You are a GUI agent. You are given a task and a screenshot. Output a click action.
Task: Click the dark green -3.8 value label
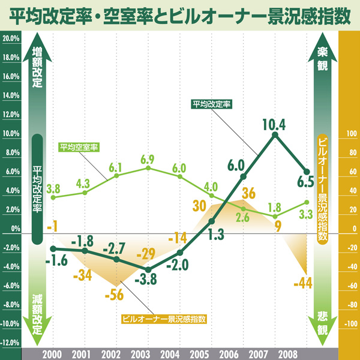145,280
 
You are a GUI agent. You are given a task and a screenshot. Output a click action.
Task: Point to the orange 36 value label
249,193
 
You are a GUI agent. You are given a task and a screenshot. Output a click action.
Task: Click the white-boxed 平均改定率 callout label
212,104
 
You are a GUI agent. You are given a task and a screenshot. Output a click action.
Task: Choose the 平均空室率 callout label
79,146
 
